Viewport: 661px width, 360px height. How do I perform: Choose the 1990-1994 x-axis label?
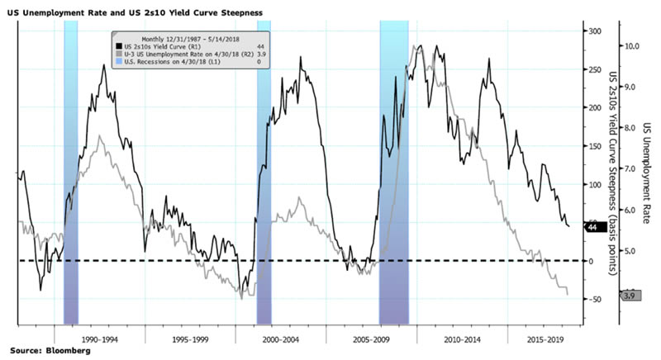pos(102,339)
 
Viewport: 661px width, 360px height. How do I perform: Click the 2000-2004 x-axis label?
pos(283,339)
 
